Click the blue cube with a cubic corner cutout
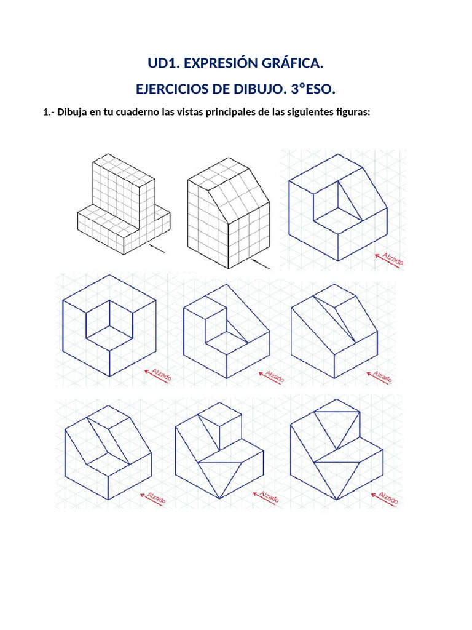click(109, 326)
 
